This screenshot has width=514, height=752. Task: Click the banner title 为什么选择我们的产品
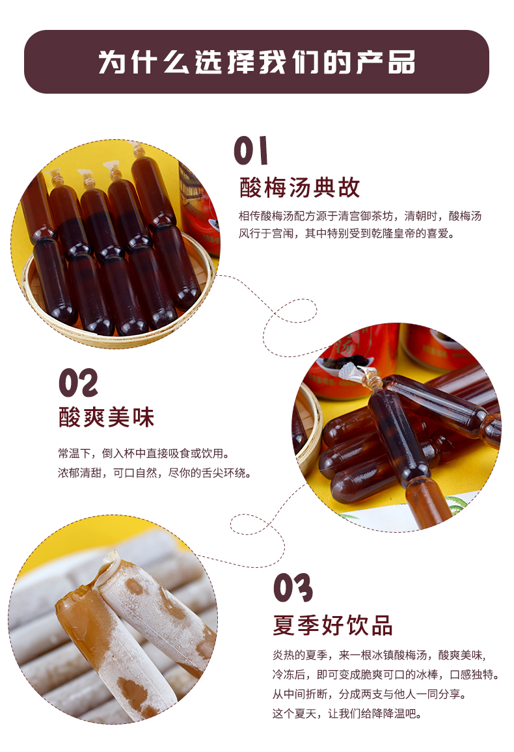point(256,62)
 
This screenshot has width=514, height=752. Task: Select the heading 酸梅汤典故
point(299,187)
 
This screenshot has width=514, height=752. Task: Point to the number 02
point(78,383)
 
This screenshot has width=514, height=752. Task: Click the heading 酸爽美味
point(107,418)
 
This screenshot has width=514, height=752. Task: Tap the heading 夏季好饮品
point(332,625)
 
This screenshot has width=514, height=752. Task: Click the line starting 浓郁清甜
point(154,473)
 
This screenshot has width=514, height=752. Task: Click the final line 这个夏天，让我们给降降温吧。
point(347,714)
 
